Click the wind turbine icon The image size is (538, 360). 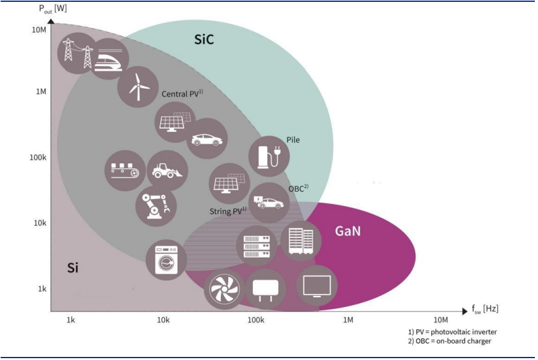coord(138,87)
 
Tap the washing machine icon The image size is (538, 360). coord(167,260)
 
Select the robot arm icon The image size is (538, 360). coord(156,206)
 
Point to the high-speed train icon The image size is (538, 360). coord(109,59)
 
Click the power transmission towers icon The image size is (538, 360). coord(78,54)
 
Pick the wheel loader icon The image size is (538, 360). coord(167,170)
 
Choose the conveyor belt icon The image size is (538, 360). coord(125,170)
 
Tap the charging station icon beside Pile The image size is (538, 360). coord(269,157)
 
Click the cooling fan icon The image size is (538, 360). coord(225,289)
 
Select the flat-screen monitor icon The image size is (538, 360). coord(317,285)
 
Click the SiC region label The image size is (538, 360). coord(204,39)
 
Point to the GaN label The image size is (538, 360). coord(348,231)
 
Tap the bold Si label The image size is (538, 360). coord(73,268)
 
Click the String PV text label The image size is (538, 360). coord(228,211)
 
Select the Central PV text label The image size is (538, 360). coord(182,94)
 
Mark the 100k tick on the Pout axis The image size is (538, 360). coord(38,157)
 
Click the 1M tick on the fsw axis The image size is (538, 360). coord(348,320)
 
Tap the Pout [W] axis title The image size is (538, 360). coord(53,9)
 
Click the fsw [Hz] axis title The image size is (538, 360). coord(485,309)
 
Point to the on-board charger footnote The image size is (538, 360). coord(450,341)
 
